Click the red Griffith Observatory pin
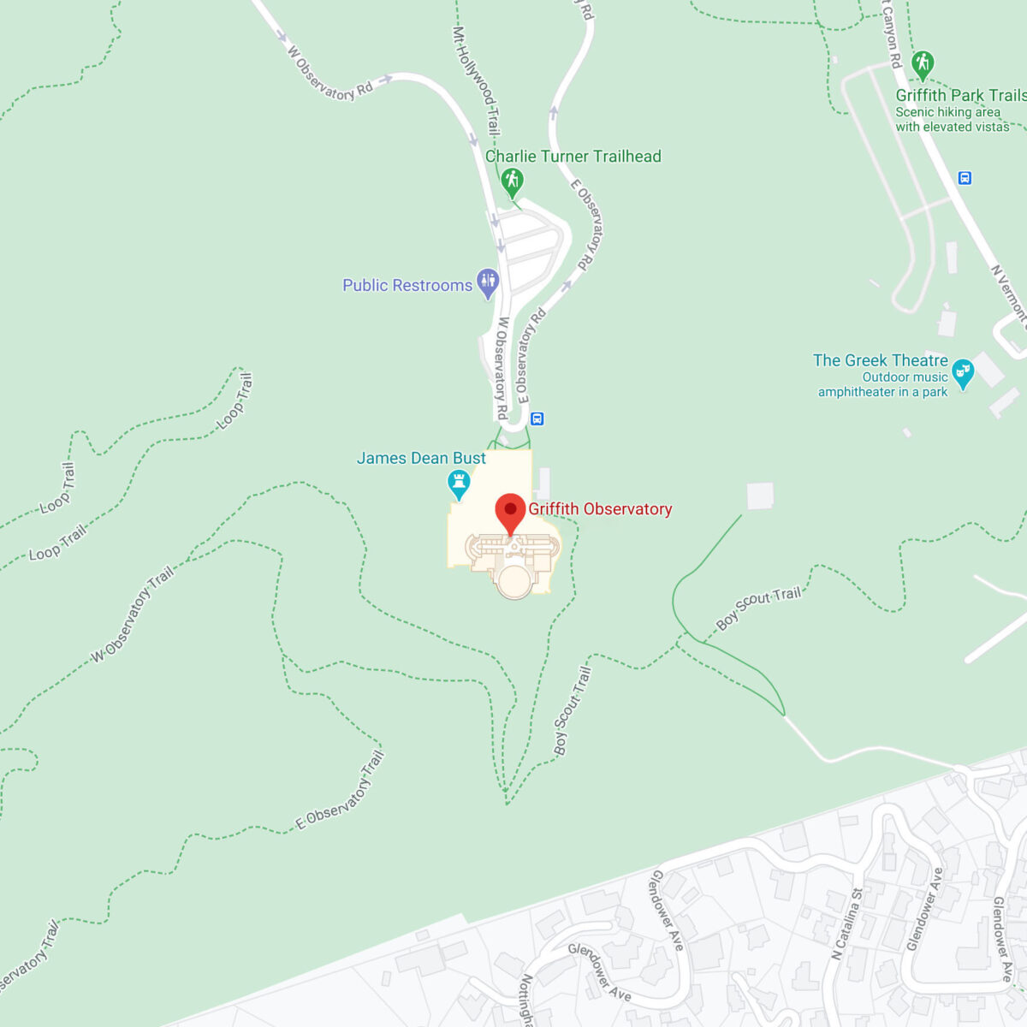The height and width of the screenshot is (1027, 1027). click(x=510, y=512)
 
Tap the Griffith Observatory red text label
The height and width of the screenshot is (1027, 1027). click(x=600, y=509)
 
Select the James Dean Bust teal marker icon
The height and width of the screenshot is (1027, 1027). click(x=460, y=484)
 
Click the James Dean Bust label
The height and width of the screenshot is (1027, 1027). click(x=421, y=459)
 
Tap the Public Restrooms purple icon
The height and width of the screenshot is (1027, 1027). click(x=488, y=283)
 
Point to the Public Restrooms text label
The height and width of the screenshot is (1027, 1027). click(x=407, y=286)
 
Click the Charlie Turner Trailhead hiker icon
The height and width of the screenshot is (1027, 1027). click(x=512, y=181)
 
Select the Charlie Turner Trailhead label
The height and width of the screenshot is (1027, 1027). click(x=573, y=157)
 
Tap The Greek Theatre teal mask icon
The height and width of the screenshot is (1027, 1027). click(x=963, y=373)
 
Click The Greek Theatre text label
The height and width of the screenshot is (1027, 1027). click(x=881, y=361)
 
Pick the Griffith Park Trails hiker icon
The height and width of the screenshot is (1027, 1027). click(x=922, y=64)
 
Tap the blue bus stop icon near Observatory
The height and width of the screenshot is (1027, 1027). click(x=537, y=419)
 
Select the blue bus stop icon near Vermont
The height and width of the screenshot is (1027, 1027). click(x=965, y=178)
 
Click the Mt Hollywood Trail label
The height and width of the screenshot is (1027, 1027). click(x=477, y=80)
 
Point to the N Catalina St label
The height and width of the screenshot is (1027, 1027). click(x=846, y=924)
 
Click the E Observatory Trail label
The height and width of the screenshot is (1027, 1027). click(x=341, y=791)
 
